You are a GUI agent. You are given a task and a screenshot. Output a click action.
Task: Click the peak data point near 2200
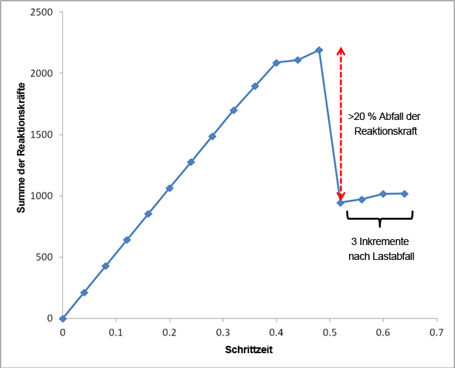[319, 50]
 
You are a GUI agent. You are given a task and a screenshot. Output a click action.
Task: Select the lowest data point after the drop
[340, 202]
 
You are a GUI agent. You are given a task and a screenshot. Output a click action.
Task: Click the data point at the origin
[62, 318]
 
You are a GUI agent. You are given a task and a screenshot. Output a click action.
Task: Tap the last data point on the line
[405, 194]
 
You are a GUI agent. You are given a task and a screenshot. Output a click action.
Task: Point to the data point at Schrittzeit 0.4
[276, 63]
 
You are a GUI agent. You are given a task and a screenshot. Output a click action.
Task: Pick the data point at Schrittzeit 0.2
[170, 188]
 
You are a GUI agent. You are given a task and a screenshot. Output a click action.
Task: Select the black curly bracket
[379, 217]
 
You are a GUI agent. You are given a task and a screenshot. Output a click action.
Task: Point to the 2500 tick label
[41, 12]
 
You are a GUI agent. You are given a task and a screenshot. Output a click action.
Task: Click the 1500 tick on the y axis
[41, 135]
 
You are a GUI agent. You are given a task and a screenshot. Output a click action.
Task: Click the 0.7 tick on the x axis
[436, 332]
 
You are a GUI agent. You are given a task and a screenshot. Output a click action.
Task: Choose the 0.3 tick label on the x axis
[222, 332]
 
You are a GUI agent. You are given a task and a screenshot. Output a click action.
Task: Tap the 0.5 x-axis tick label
[329, 332]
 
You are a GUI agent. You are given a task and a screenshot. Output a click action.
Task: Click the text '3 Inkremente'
[379, 241]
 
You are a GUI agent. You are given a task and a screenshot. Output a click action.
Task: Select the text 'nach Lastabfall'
[379, 256]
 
